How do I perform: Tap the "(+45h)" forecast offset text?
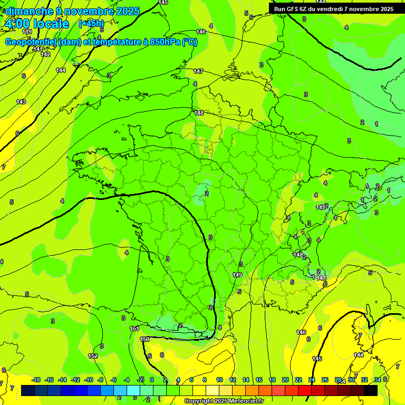91,23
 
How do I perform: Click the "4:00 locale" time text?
36,24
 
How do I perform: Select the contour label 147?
198,71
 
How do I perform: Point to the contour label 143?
21,102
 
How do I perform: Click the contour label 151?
134,329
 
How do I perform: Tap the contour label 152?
93,356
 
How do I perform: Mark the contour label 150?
145,339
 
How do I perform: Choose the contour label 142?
46,54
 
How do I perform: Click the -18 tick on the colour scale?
36,380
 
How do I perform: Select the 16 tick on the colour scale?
258,380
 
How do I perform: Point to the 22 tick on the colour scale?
298,380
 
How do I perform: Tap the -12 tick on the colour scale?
75,380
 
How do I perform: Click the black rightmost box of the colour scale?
371,390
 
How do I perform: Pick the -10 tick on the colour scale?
89,380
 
